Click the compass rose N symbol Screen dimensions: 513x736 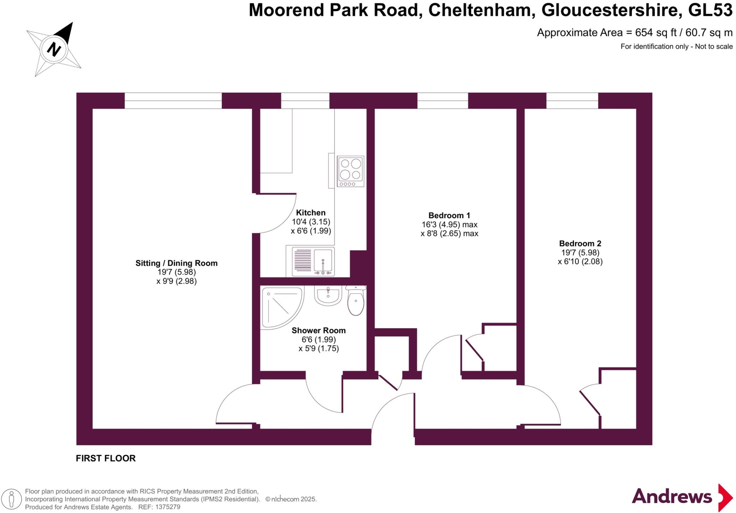[54, 49]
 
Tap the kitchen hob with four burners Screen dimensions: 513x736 [350, 171]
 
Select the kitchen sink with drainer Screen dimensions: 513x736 [313, 261]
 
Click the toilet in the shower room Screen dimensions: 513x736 [356, 301]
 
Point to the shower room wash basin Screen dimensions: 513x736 [328, 295]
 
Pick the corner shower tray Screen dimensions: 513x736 [280, 307]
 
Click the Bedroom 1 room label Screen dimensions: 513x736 [449, 215]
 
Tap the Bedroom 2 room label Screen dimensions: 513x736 [580, 243]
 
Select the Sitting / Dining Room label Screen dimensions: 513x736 [176, 263]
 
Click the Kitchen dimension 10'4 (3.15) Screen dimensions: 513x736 [311, 222]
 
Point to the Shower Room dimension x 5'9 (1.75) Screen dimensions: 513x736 [318, 348]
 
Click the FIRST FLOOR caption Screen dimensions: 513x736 [106, 458]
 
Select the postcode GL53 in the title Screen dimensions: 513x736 [710, 10]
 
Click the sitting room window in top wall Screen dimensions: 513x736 [173, 101]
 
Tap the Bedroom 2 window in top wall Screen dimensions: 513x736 [572, 101]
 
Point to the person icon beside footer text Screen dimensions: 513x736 [11, 499]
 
